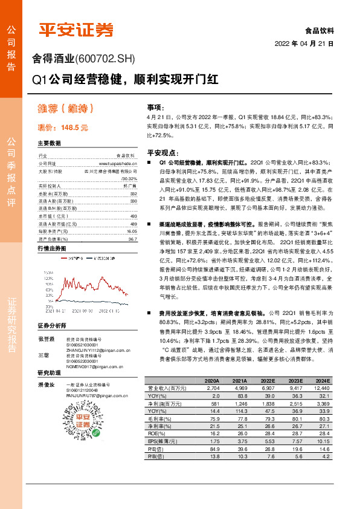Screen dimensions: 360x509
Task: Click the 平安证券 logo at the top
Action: tap(76, 29)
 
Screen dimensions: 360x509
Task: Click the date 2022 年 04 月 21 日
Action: tap(304, 44)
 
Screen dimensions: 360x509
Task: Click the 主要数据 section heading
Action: tap(50, 143)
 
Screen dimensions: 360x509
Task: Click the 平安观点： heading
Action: tap(161, 153)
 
